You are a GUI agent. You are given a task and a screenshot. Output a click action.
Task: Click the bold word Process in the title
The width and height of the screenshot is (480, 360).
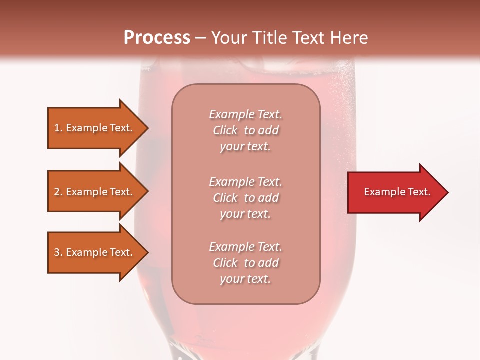coord(157,37)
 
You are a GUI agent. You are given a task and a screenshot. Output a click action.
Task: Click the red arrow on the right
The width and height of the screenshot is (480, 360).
coord(395,192)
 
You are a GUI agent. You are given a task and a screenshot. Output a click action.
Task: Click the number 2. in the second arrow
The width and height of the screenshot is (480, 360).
coord(58,192)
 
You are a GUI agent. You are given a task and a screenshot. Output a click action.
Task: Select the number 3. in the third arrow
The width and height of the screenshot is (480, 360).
coord(58,252)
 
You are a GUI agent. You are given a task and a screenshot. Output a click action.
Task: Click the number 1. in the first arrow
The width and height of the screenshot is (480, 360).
coord(58,128)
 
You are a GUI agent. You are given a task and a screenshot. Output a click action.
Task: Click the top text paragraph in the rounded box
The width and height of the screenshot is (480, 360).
coord(245,130)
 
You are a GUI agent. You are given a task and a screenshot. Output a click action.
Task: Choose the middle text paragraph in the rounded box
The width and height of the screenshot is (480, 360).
coord(245,198)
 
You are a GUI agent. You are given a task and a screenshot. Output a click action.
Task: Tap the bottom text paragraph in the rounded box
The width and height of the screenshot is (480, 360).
coord(245,263)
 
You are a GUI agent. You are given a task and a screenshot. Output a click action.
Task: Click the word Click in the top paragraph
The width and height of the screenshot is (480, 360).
coord(225,130)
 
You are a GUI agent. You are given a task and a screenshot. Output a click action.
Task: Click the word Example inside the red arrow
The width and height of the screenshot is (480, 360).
coord(381,192)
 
